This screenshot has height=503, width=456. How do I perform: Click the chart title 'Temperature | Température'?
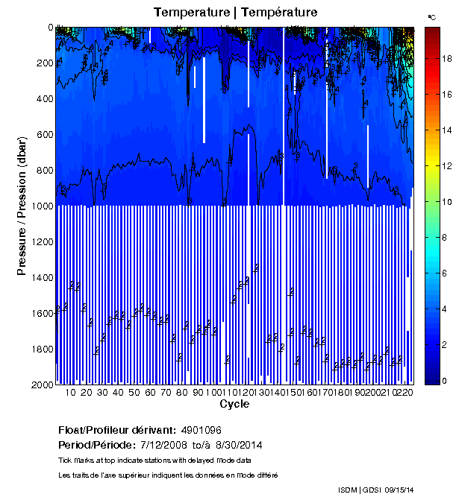pos(235,12)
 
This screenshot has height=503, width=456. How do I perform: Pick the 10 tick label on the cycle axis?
pos(71,392)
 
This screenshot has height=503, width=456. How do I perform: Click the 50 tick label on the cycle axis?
pos(134,392)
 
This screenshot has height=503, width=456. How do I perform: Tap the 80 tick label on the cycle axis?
pos(182,392)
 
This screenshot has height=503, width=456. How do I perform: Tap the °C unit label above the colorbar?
pos(431,16)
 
